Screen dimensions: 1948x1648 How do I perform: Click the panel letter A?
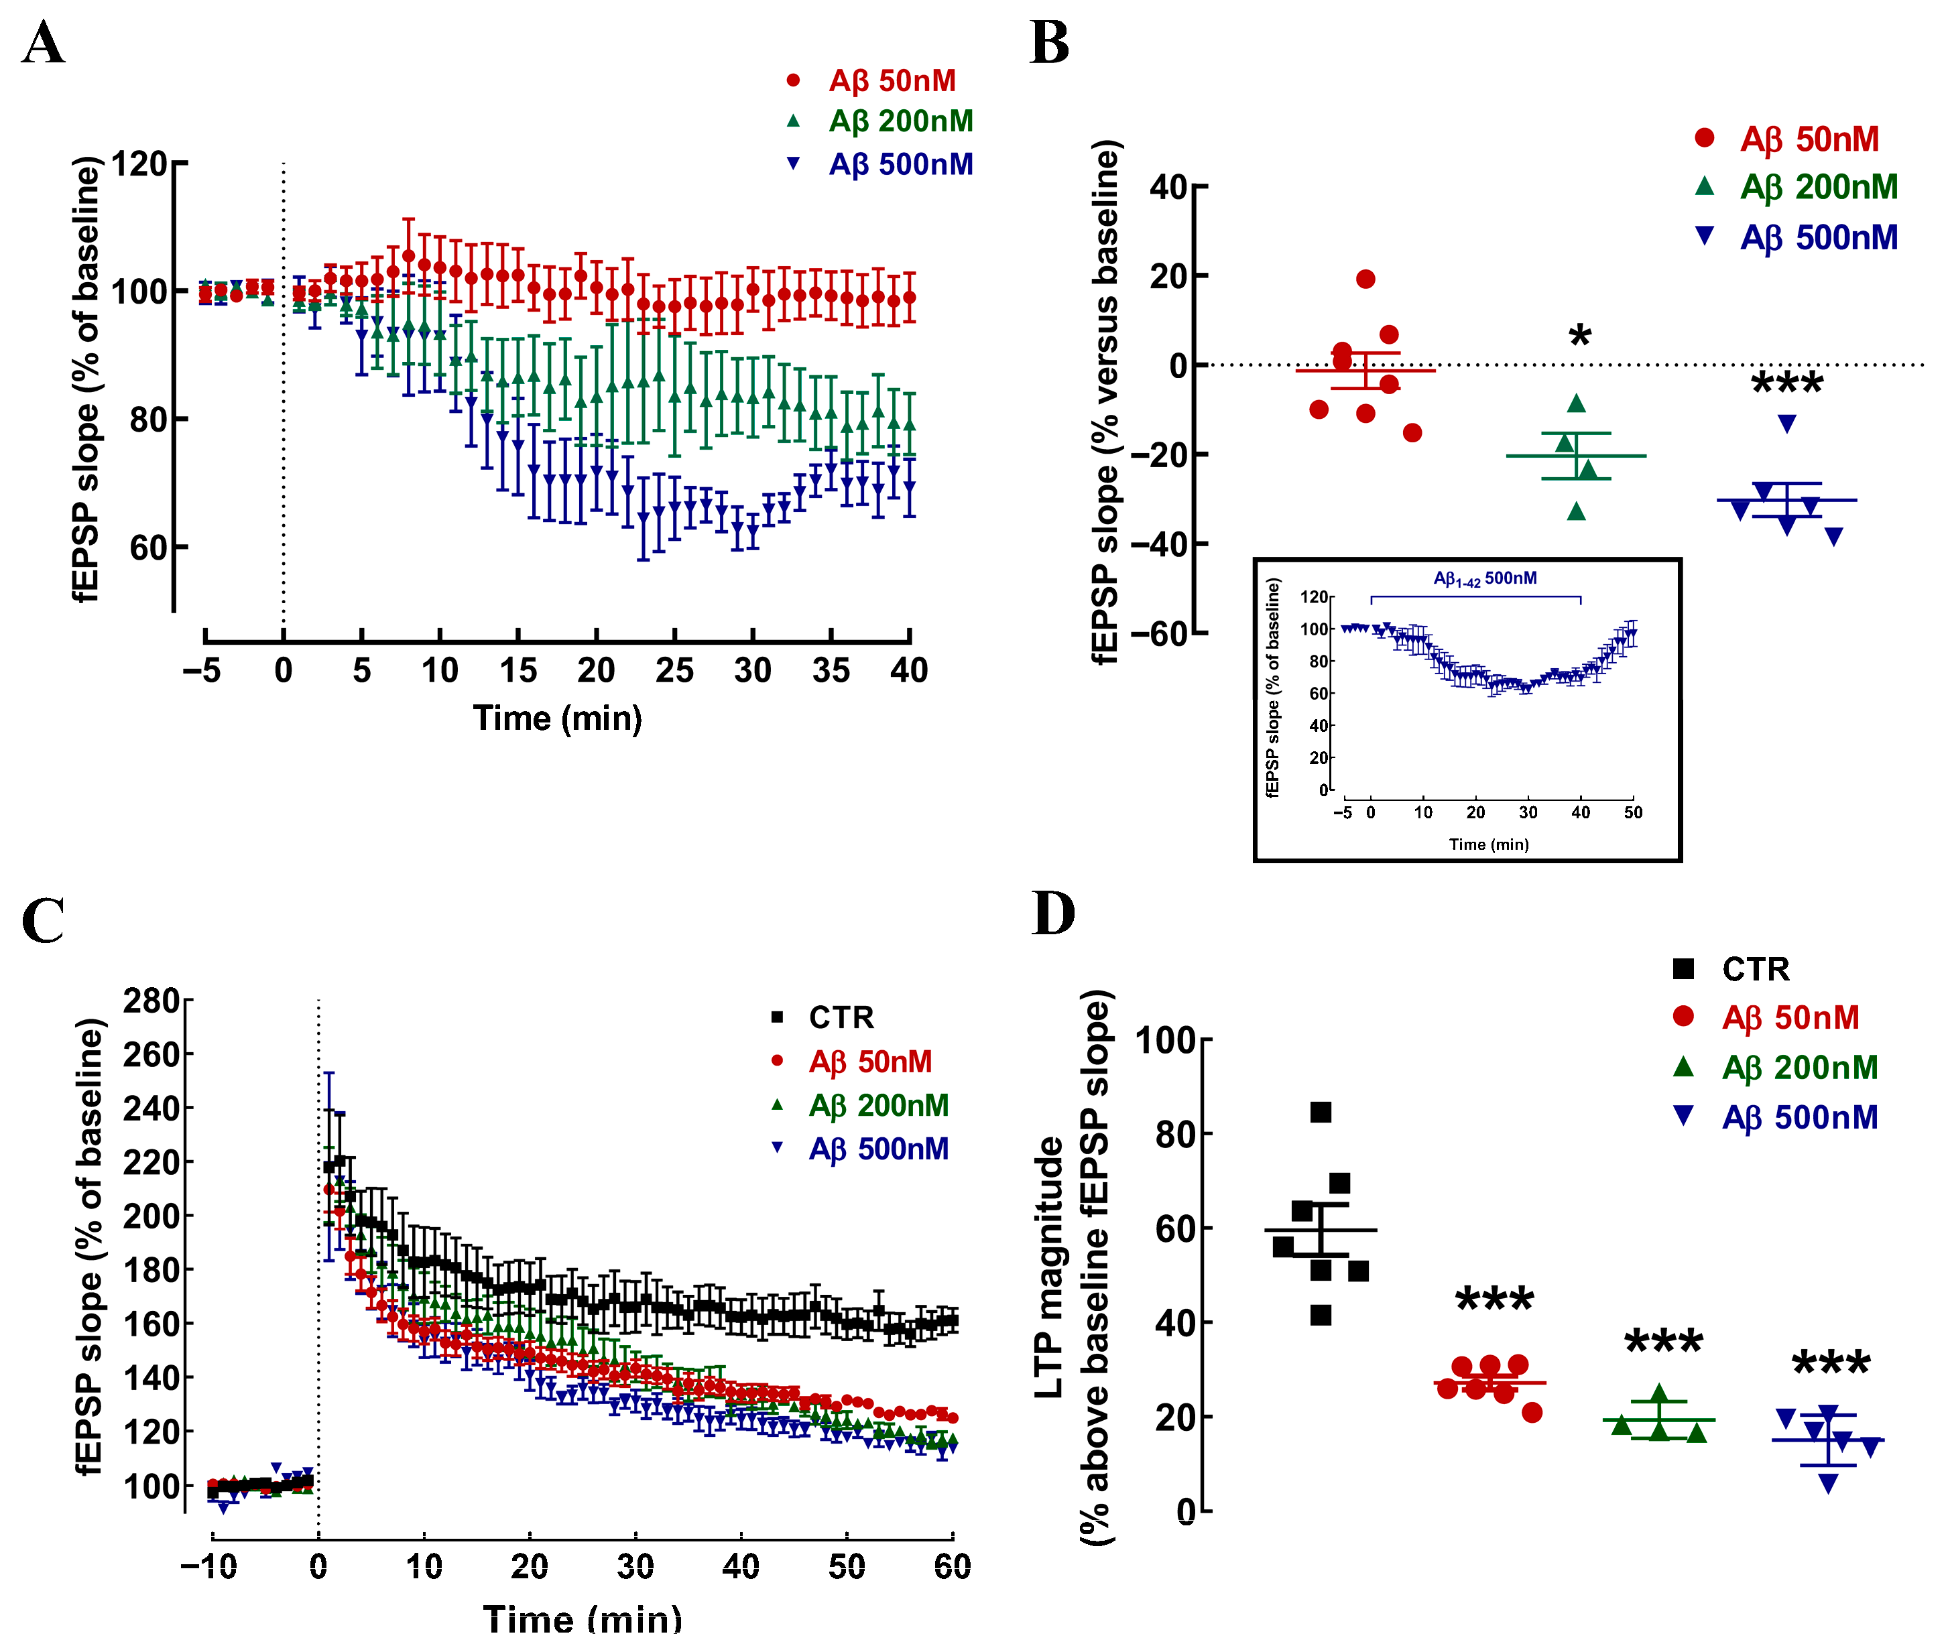pos(43,43)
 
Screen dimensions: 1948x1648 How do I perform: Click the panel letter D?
pos(1053,913)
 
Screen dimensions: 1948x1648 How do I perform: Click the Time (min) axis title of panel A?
pos(558,718)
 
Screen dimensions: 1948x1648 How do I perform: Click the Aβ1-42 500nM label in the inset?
pos(1485,578)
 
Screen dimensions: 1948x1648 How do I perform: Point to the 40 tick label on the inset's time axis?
pos(1581,812)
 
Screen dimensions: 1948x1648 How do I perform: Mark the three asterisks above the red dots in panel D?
pos(1495,1300)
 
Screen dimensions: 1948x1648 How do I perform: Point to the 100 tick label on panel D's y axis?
pos(1165,1040)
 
